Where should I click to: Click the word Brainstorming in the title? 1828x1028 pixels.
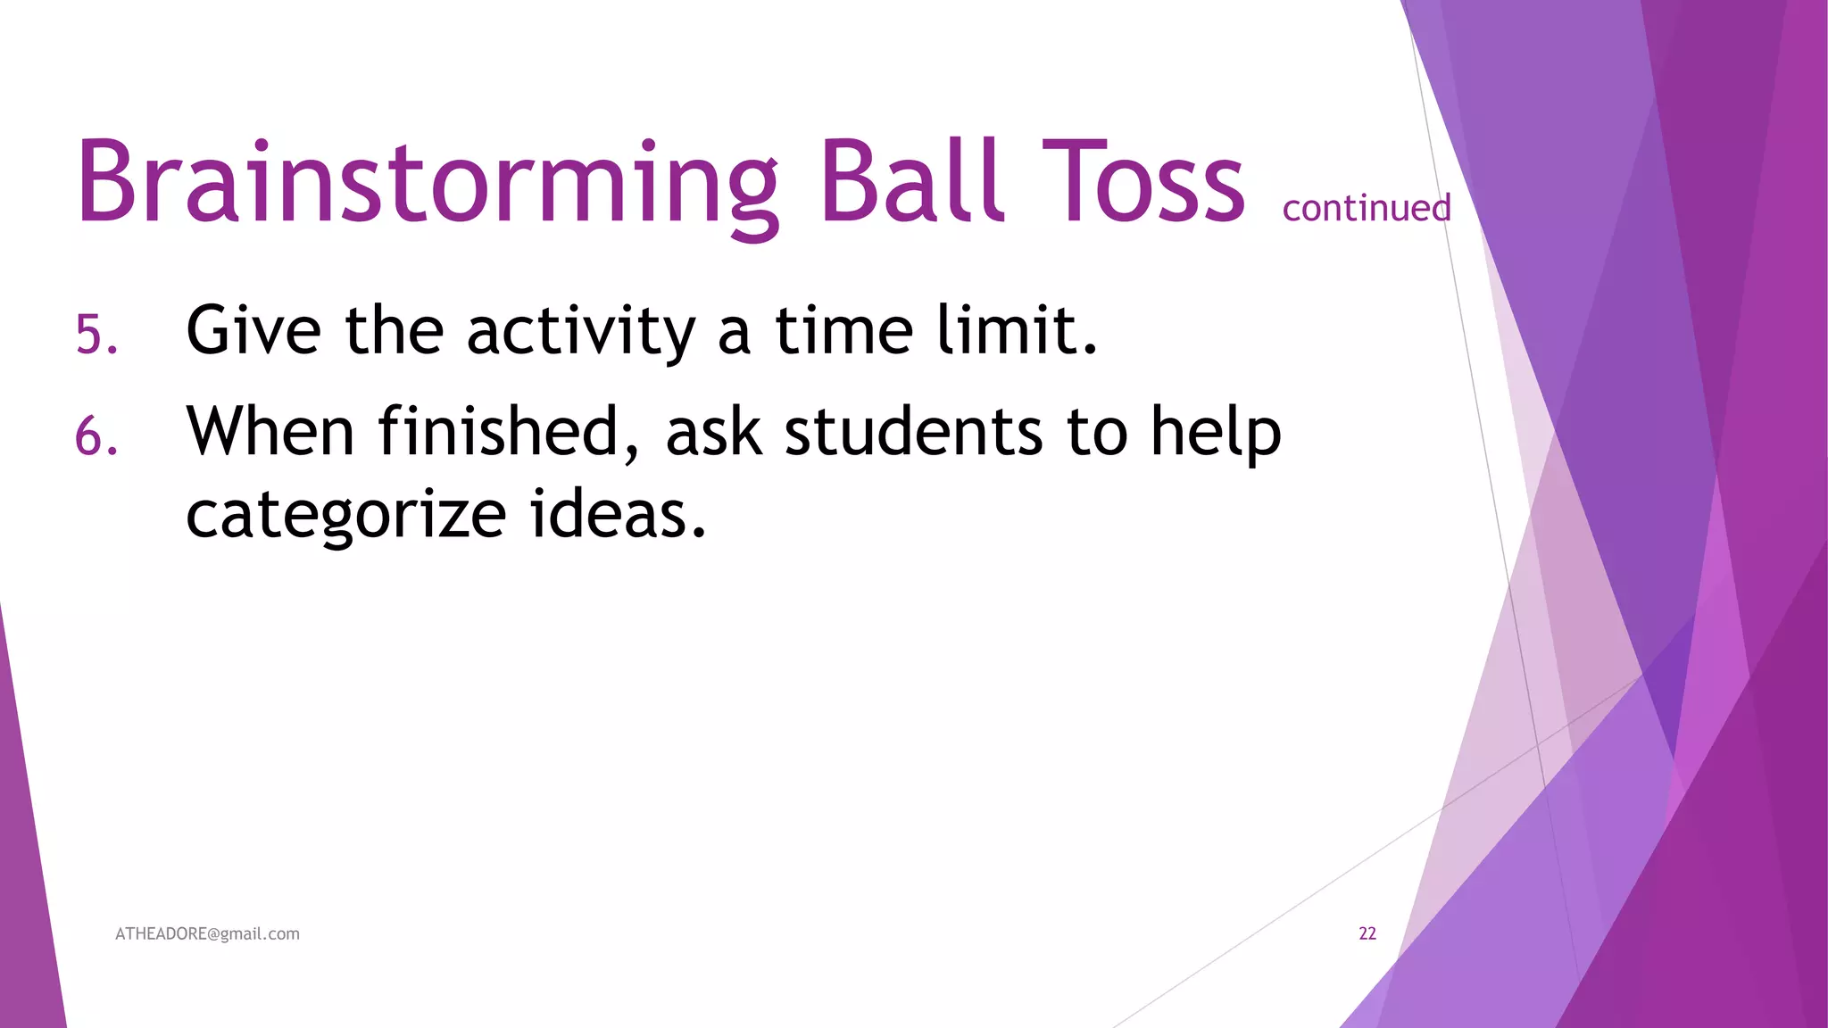coord(427,183)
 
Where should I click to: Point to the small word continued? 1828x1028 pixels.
coord(1366,208)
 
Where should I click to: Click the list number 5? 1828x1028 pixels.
coord(96,336)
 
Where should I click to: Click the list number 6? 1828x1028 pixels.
coord(96,437)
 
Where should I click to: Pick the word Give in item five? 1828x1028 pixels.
coord(253,330)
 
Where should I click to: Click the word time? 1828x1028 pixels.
coord(843,330)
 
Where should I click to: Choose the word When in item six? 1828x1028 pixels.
coord(270,432)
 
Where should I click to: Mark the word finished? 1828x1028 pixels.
coord(509,432)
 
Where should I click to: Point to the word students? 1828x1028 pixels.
coord(913,432)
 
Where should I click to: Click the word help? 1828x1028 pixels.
coord(1215,434)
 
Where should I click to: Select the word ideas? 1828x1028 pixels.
coord(618,515)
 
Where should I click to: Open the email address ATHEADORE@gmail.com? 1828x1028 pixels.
coord(207,933)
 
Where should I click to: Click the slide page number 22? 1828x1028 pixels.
coord(1367,933)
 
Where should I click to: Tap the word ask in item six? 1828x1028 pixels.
coord(714,432)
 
